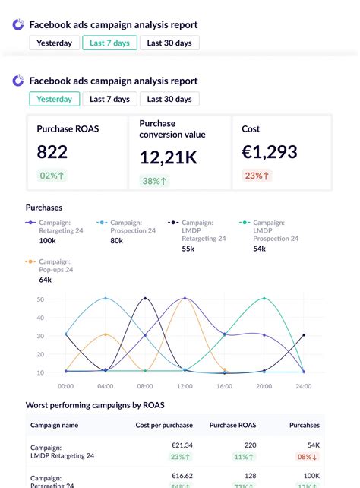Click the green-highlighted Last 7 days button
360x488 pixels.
tap(109, 43)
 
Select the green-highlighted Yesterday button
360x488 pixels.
tap(54, 99)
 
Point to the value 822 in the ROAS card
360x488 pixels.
tap(52, 151)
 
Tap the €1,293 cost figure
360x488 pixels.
tap(270, 151)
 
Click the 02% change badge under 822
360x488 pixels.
tap(52, 176)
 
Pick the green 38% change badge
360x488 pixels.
tap(155, 181)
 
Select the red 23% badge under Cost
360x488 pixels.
tap(257, 176)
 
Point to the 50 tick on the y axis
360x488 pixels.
tap(40, 299)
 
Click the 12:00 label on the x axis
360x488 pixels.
tap(185, 386)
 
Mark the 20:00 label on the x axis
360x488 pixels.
tap(264, 386)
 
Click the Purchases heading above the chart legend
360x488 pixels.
tap(44, 207)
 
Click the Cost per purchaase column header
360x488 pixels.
tap(164, 426)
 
